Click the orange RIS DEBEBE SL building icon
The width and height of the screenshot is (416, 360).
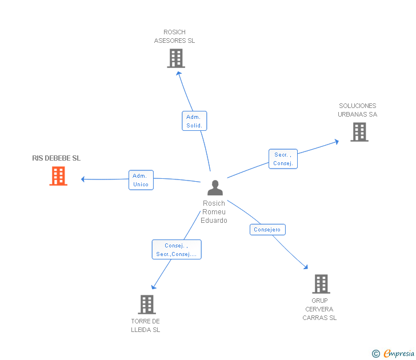[x=58, y=176]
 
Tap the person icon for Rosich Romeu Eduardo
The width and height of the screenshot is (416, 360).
[x=215, y=188]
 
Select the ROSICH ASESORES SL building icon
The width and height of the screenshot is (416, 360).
[x=176, y=58]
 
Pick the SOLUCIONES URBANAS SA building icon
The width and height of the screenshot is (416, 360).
[x=359, y=132]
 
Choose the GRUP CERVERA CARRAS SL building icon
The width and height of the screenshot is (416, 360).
[x=321, y=284]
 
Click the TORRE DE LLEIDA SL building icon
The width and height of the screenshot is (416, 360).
[x=147, y=305]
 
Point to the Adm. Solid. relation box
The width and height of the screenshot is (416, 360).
[x=194, y=121]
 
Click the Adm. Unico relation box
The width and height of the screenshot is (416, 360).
[x=141, y=180]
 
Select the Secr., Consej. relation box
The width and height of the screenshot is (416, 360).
[x=283, y=159]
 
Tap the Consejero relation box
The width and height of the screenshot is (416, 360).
[x=267, y=230]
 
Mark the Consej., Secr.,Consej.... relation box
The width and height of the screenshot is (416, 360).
[x=177, y=250]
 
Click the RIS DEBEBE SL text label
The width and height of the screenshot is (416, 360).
[x=57, y=158]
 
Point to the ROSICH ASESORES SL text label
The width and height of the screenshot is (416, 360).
[x=175, y=37]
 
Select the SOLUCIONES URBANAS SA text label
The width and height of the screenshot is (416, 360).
[x=358, y=110]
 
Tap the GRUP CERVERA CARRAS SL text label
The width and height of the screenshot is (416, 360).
[x=319, y=309]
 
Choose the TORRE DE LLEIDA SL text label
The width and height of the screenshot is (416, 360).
[x=146, y=325]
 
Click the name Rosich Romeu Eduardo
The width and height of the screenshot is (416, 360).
[x=214, y=212]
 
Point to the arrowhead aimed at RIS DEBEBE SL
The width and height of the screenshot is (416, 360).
[x=83, y=179]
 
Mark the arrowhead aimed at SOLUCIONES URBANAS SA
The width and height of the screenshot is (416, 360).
[x=337, y=141]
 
